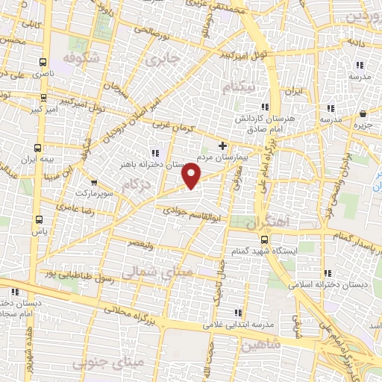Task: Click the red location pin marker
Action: click(192, 176)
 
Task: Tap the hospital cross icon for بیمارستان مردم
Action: click(222, 144)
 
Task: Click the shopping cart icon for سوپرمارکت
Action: click(93, 182)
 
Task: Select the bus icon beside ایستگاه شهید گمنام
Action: click(265, 239)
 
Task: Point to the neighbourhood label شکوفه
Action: click(81, 57)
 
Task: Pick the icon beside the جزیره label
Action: click(363, 114)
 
